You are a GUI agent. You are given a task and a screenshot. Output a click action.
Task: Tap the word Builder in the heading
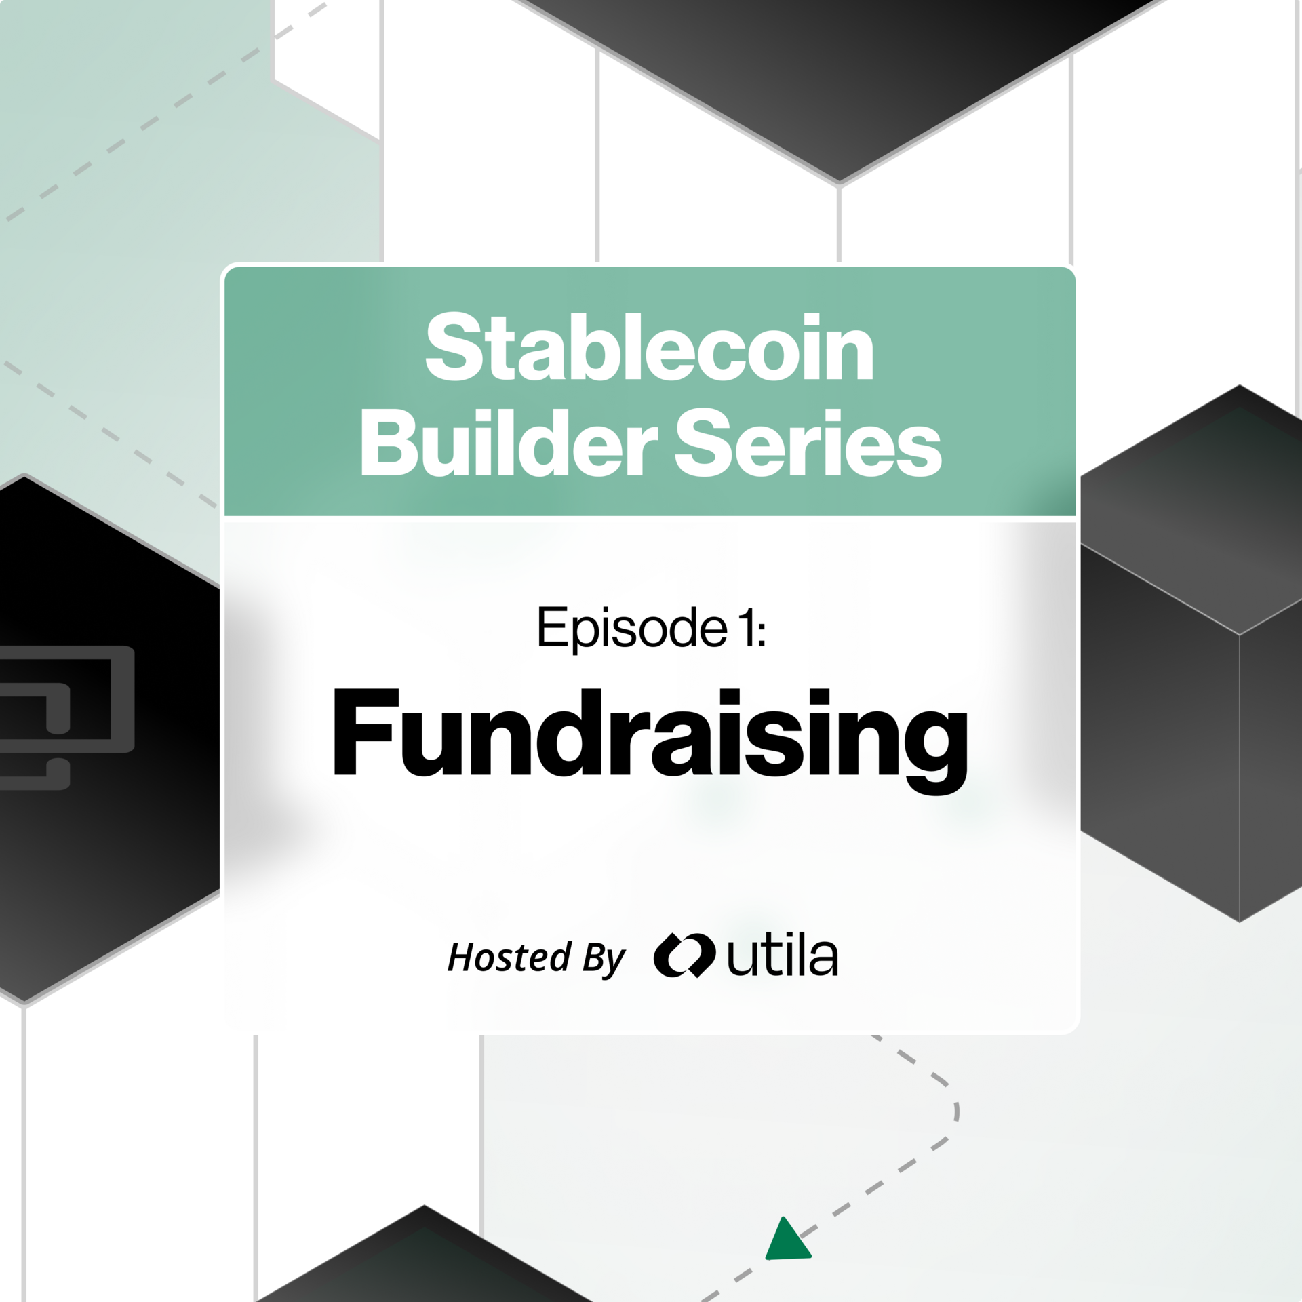click(509, 445)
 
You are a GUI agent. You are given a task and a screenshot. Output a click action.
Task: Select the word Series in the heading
click(808, 445)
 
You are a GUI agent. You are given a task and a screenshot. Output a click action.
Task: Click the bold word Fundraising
click(649, 736)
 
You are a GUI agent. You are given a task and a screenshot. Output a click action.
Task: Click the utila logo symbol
click(684, 955)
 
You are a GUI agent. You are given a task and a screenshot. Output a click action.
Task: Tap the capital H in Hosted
click(462, 957)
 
